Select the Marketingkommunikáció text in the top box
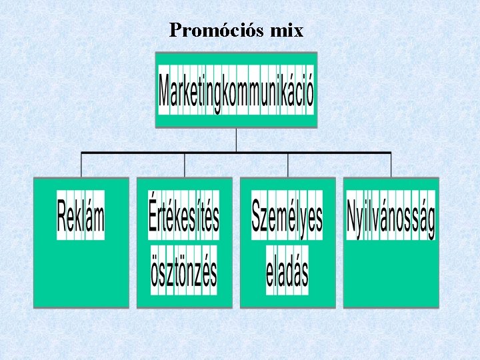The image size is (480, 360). [236, 93]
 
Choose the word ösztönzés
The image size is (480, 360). [184, 272]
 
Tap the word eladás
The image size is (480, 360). [287, 272]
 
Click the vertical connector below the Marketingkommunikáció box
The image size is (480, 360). [236, 140]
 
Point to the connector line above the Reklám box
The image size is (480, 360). [81, 165]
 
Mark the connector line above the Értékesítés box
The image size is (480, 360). [185, 165]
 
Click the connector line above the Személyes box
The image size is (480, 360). [288, 165]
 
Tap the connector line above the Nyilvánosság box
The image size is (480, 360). [391, 165]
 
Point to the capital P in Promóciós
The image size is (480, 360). [175, 30]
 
